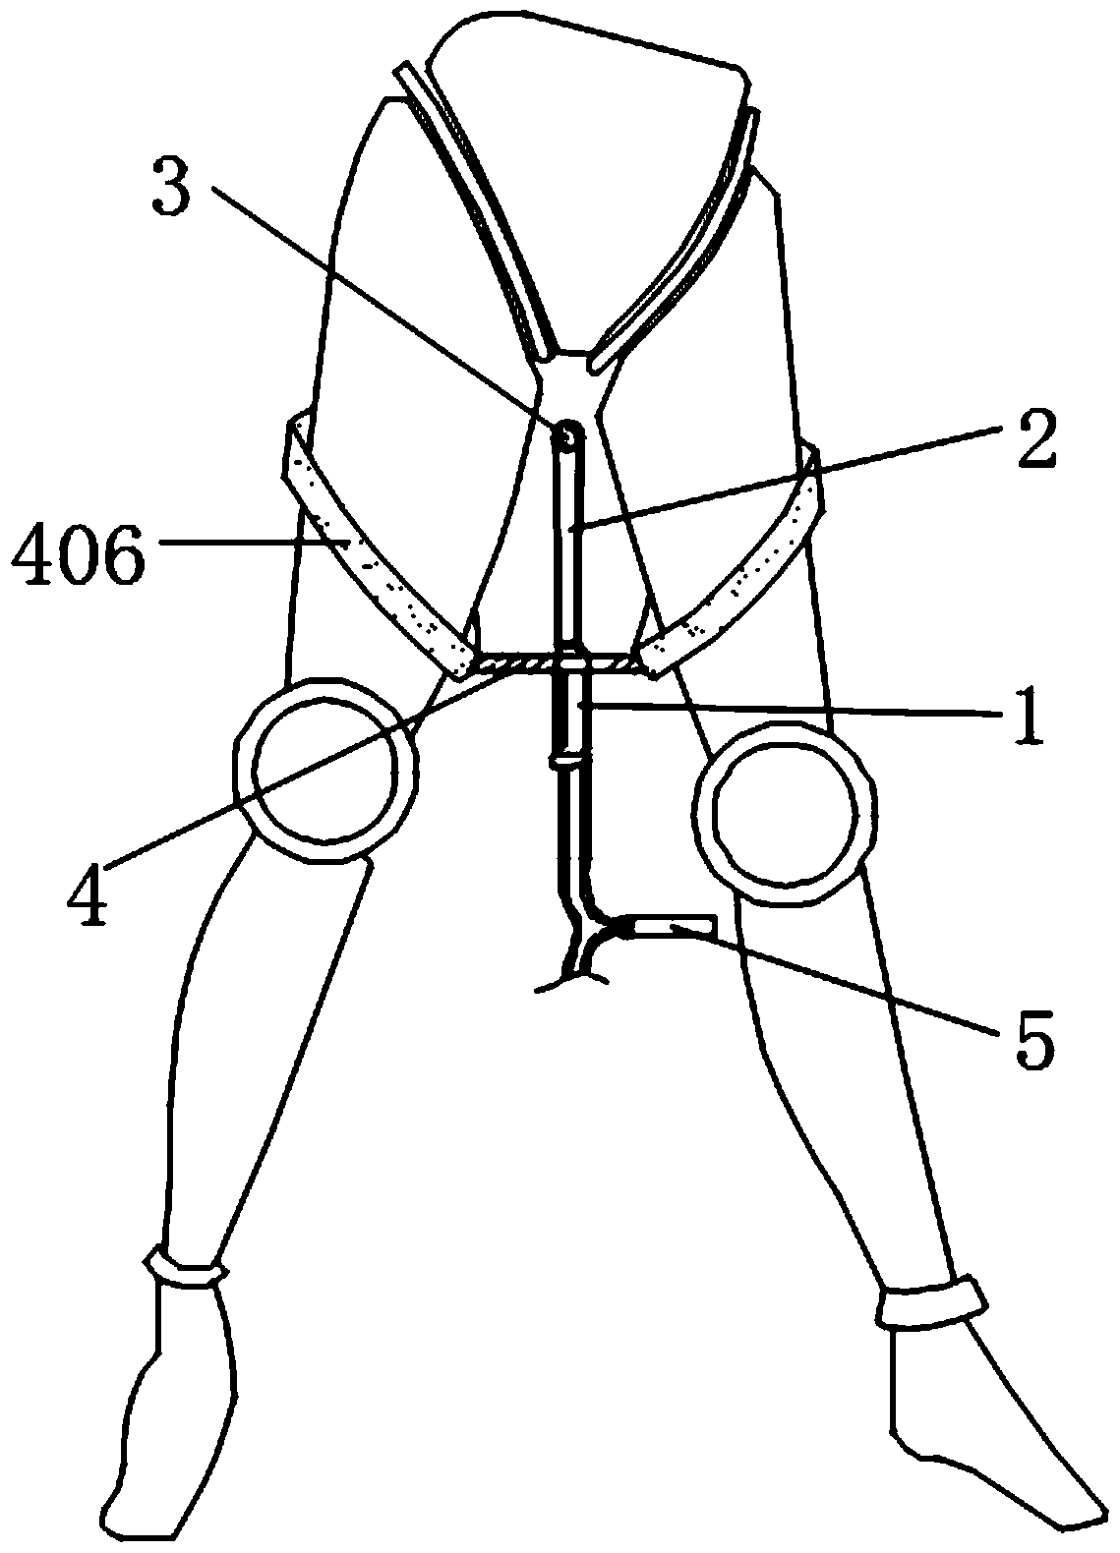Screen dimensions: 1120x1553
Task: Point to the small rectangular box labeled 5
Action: coord(674,926)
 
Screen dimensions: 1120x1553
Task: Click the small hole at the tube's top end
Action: coord(568,432)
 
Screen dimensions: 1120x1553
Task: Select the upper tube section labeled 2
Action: coord(568,541)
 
